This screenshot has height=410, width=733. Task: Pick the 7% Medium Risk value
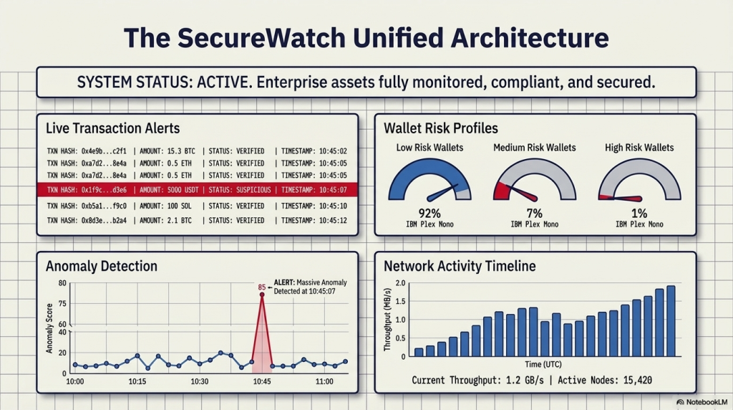pyautogui.click(x=534, y=213)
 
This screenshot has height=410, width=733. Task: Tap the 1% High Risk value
pyautogui.click(x=639, y=213)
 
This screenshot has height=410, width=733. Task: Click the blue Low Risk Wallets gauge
pyautogui.click(x=429, y=179)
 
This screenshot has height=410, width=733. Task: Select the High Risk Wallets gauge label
pyautogui.click(x=639, y=148)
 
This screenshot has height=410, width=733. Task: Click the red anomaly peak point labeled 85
pyautogui.click(x=262, y=295)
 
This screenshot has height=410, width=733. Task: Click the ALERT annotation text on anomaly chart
pyautogui.click(x=304, y=287)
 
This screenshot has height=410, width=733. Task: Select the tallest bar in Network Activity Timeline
pyautogui.click(x=671, y=321)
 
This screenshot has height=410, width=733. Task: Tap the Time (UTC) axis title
pyautogui.click(x=543, y=365)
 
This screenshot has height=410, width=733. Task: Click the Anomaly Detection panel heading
pyautogui.click(x=101, y=266)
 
